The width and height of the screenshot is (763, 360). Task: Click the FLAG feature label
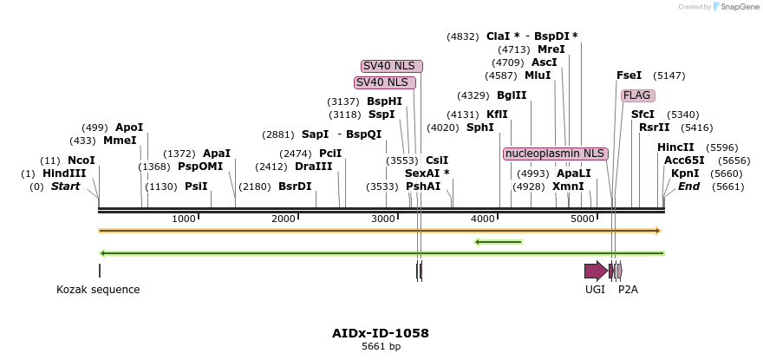[x=637, y=95]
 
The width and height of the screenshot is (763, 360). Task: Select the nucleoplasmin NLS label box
[x=555, y=154]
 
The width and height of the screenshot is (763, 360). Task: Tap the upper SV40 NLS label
[x=392, y=66]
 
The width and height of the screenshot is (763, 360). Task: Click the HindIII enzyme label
[x=64, y=173]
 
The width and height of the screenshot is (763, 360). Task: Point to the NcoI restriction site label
[x=81, y=160]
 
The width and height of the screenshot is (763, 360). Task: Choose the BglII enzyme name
[x=512, y=95]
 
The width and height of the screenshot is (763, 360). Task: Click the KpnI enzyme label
[x=685, y=173]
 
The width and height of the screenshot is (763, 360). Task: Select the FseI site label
[x=629, y=75]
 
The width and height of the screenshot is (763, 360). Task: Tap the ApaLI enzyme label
[x=573, y=173]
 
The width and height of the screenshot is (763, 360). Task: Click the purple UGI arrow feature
[x=596, y=271]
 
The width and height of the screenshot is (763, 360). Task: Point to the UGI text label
[x=595, y=290]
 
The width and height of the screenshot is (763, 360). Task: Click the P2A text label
[x=628, y=290]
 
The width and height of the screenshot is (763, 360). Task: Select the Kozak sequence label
[x=98, y=290]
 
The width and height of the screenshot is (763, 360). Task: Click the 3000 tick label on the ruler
[x=383, y=219]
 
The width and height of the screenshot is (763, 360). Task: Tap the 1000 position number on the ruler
[x=184, y=219]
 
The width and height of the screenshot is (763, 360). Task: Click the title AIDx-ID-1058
[x=381, y=333]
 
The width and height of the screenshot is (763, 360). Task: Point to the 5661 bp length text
[x=381, y=347]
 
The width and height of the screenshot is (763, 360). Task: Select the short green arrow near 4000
[x=499, y=241]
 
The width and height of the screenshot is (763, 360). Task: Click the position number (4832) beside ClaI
[x=462, y=36]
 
